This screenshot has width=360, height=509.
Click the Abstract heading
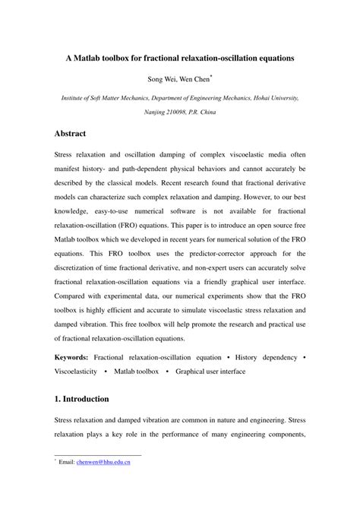pos(76,133)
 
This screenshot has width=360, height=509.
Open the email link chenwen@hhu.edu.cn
pos(103,461)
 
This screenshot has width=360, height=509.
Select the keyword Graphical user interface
pos(210,371)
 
